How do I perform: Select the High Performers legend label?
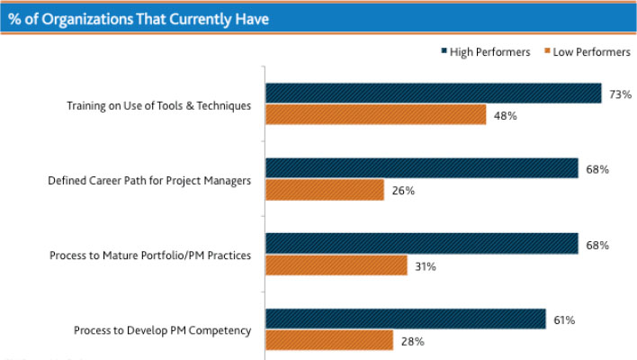(490, 52)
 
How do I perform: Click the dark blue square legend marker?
(444, 52)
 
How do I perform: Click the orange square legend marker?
(547, 52)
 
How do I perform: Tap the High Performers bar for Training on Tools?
(433, 94)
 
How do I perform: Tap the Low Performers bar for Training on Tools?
(375, 115)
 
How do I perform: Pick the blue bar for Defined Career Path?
(421, 168)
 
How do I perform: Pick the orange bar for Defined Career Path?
(325, 190)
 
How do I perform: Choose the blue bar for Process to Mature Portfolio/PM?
(421, 244)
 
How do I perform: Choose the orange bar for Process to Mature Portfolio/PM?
(336, 265)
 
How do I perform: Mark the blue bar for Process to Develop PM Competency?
(405, 319)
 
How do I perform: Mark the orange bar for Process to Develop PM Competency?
(329, 340)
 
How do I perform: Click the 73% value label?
(621, 94)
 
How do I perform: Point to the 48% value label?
(506, 115)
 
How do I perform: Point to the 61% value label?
(565, 319)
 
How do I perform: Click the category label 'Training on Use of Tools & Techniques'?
(159, 105)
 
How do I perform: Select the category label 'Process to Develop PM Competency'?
(163, 331)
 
